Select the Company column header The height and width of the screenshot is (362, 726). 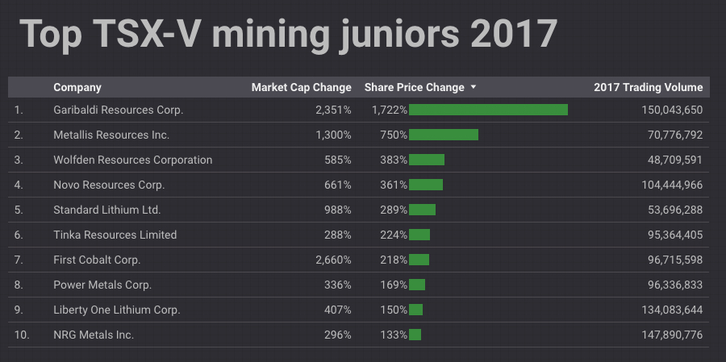click(77, 87)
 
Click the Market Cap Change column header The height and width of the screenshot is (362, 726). click(301, 87)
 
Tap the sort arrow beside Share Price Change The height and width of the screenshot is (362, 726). click(474, 87)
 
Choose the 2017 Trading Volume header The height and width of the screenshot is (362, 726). click(648, 87)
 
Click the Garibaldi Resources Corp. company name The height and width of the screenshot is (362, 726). click(119, 110)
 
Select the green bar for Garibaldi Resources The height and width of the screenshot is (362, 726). click(488, 110)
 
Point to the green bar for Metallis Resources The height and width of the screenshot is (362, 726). click(444, 135)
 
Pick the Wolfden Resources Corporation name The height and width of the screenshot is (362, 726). click(132, 160)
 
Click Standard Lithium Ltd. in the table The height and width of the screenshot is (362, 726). click(107, 210)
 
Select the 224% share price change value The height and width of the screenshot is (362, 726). click(394, 235)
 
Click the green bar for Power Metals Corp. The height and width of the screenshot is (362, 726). click(417, 285)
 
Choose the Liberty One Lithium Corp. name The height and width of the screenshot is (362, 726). click(116, 310)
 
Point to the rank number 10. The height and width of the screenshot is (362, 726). click(22, 335)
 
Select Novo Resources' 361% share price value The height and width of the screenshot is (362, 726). click(394, 185)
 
